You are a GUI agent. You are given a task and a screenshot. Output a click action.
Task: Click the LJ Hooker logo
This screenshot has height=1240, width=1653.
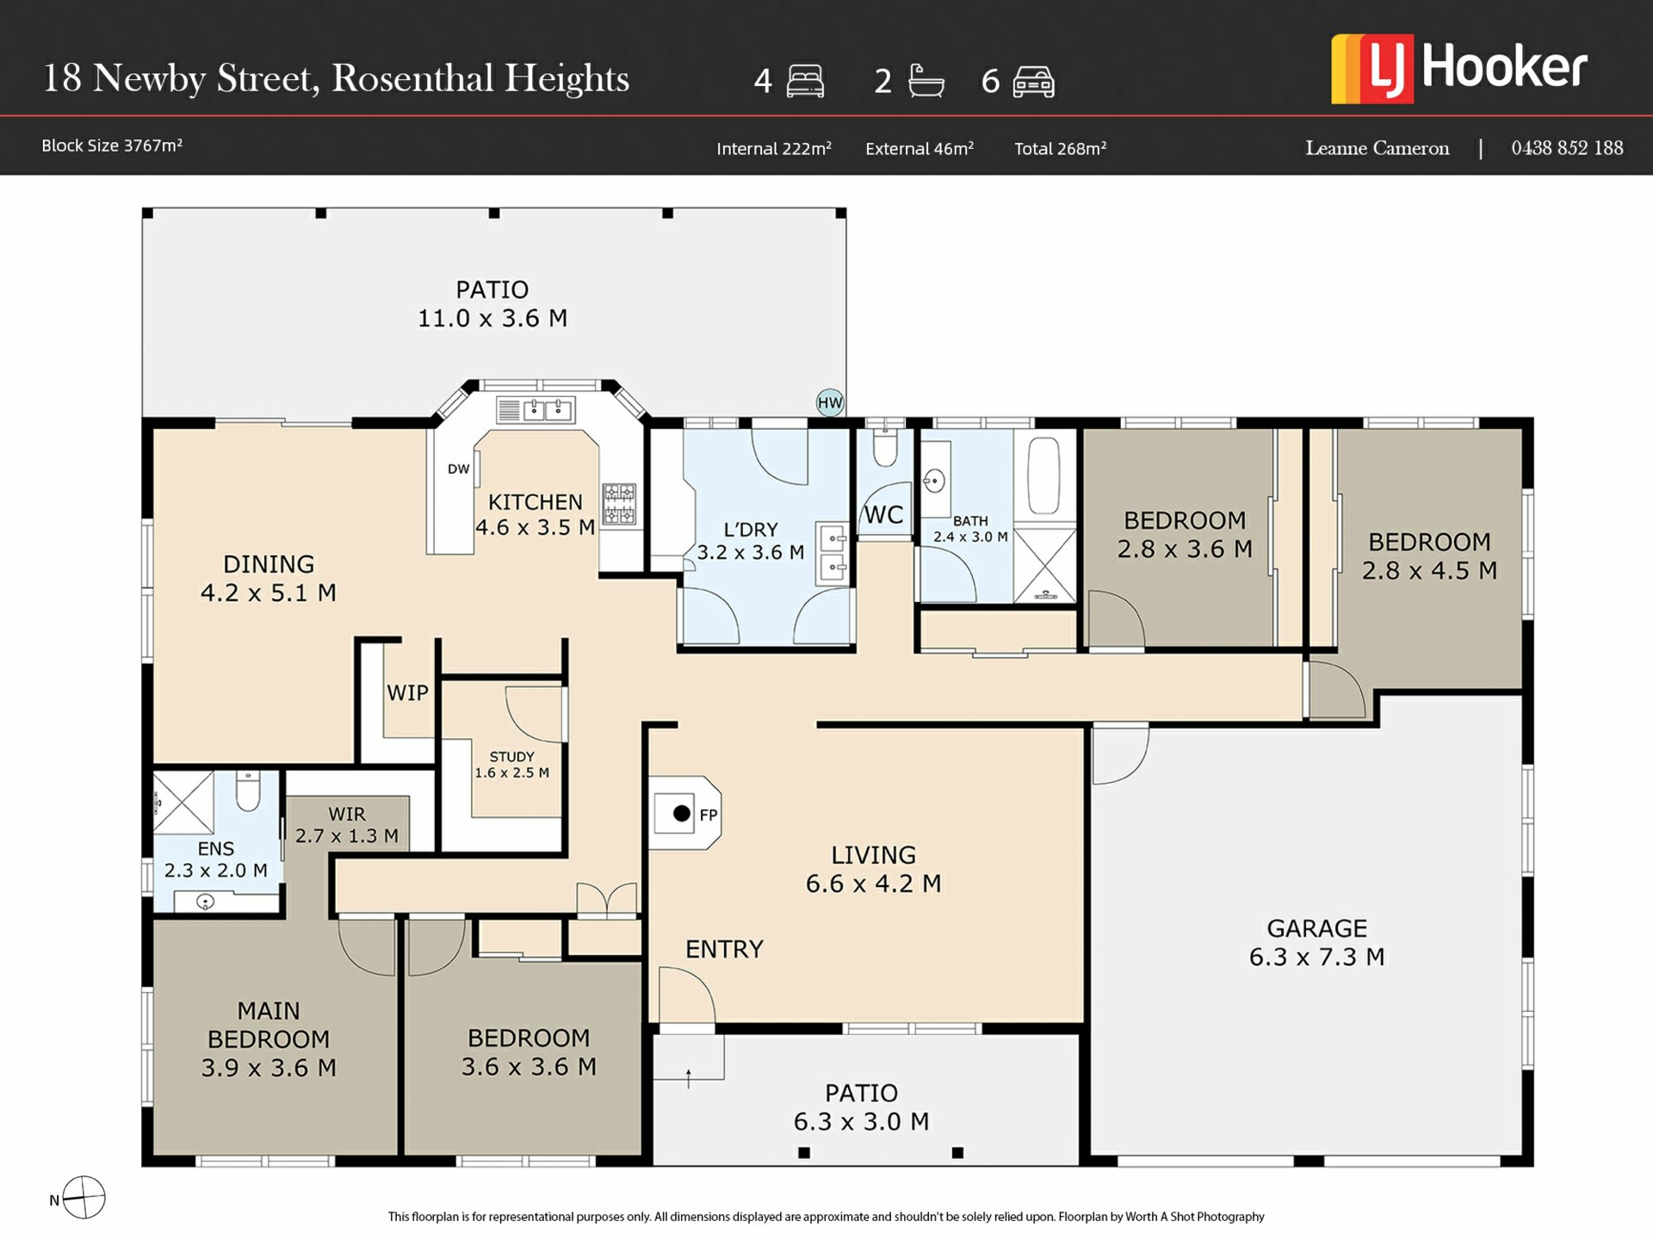coord(1458,69)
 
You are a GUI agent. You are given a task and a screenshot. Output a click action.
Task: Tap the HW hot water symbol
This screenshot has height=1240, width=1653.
coord(830,402)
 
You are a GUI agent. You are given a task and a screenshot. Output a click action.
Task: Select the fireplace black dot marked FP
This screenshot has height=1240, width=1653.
coord(681,813)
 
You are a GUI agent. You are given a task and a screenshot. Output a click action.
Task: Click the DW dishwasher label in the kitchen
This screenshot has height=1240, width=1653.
coord(459,469)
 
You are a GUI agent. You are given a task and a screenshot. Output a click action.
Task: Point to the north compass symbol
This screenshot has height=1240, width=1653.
coord(84,1198)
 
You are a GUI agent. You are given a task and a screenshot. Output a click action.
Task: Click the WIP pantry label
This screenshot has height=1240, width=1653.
coord(407,693)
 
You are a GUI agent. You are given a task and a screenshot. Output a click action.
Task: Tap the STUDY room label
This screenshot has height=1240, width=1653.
coord(511,757)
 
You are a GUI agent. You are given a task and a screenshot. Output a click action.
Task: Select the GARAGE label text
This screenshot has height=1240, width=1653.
coord(1316,928)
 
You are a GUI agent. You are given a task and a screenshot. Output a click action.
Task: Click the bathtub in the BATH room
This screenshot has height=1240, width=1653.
coord(1043,476)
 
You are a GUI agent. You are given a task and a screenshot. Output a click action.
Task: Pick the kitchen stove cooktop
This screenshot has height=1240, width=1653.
coord(619,504)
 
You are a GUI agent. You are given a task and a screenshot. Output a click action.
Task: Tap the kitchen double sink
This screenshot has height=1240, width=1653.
coord(536,410)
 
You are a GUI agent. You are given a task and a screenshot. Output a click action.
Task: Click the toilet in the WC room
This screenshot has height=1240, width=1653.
coord(885,446)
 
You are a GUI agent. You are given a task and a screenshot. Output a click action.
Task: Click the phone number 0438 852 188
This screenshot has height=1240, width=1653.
coord(1567,148)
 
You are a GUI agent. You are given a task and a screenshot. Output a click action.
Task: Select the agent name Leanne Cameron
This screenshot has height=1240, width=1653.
coord(1377,148)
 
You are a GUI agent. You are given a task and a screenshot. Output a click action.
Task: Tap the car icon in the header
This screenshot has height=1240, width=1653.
coord(1033,82)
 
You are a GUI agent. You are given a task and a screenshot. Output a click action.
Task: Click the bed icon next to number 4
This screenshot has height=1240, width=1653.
coord(805,82)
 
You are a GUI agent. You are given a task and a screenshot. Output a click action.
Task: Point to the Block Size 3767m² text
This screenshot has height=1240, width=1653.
coord(112,146)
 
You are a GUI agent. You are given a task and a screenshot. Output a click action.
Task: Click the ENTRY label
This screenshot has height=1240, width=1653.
coord(724,949)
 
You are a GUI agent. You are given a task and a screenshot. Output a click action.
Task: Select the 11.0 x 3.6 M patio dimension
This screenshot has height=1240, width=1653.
coord(492,319)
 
